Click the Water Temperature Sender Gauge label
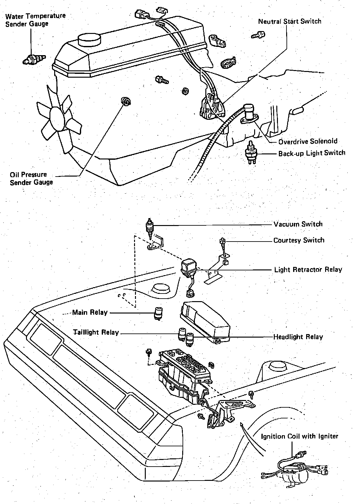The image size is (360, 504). point(35,20)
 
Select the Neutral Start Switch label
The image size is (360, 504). point(290,22)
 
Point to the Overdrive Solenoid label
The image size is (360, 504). point(308,141)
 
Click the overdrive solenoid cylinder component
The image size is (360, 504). point(249,111)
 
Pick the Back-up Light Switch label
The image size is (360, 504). point(312,153)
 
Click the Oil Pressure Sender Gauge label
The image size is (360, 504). point(31,178)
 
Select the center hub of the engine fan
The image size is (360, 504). point(58,117)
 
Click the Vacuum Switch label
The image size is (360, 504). point(298,224)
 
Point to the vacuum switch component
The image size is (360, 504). point(149,227)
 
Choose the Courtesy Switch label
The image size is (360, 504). point(299,240)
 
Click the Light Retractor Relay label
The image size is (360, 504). point(308,269)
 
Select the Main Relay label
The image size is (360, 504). point(90,312)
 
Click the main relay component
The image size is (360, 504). point(158,313)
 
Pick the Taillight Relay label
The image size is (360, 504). point(96,333)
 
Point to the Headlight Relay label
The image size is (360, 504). point(298,337)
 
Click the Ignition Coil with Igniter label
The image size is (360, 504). point(299,436)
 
